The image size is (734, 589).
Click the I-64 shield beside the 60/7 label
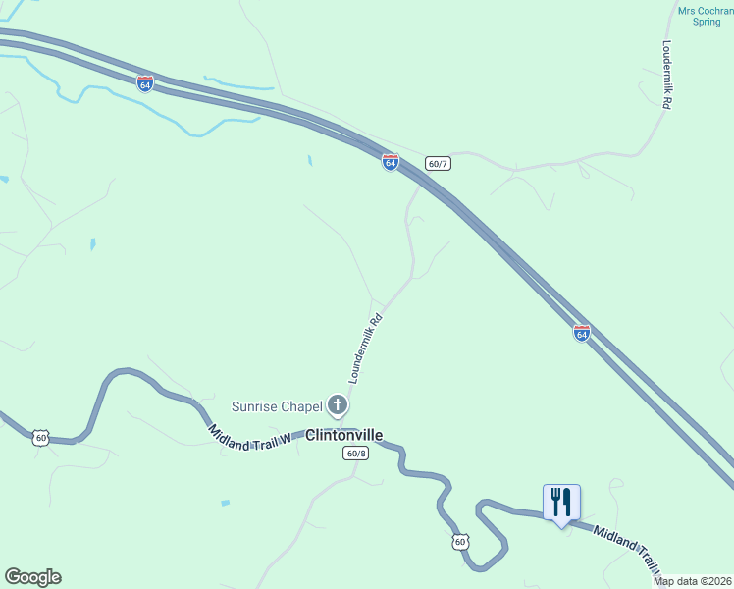pyautogui.click(x=390, y=162)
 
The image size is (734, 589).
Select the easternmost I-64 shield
pyautogui.click(x=582, y=333)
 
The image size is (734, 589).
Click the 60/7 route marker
pyautogui.click(x=438, y=162)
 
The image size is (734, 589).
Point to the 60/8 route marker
pyautogui.click(x=355, y=453)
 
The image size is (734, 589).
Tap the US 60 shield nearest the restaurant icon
pyautogui.click(x=460, y=541)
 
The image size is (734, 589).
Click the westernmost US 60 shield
pyautogui.click(x=40, y=438)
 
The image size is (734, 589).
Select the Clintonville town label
pyautogui.click(x=343, y=435)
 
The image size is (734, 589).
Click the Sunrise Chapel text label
pyautogui.click(x=277, y=405)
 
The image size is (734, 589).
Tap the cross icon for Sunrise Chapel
pyautogui.click(x=338, y=404)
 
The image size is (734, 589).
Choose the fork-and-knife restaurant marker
pyautogui.click(x=561, y=503)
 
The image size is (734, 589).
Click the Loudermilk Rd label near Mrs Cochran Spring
pyautogui.click(x=666, y=74)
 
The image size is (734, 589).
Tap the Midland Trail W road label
pyautogui.click(x=250, y=439)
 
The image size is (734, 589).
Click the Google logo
pyautogui.click(x=32, y=577)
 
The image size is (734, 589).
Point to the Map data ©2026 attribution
pyautogui.click(x=692, y=581)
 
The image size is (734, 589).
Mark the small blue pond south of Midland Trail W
pyautogui.click(x=226, y=503)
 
